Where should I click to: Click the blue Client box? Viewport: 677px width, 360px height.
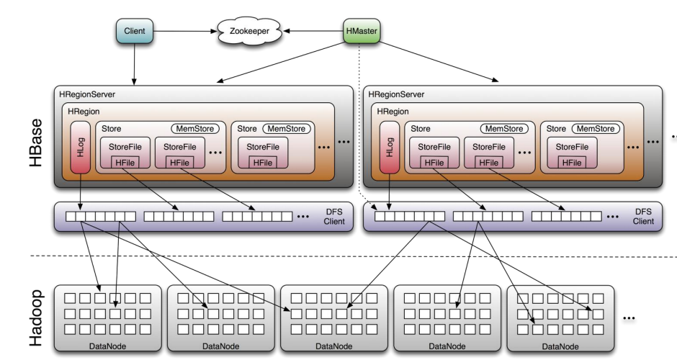(135, 31)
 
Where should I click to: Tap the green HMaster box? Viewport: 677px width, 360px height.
(362, 31)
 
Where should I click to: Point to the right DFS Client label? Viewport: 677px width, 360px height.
(643, 217)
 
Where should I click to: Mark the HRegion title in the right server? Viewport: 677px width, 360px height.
(391, 112)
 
